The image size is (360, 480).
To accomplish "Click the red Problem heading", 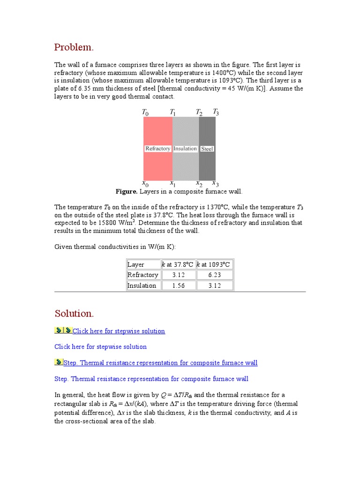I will (x=74, y=47).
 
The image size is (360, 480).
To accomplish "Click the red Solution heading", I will (x=74, y=313).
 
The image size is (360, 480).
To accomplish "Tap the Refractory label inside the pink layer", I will (x=157, y=149).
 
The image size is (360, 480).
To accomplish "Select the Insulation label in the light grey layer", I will (x=185, y=149).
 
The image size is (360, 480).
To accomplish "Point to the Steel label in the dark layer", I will (x=207, y=149).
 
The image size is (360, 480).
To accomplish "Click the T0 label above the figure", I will (x=145, y=112).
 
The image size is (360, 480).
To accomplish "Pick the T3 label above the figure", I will (x=216, y=112).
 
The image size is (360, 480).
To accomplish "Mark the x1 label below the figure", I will (x=172, y=183).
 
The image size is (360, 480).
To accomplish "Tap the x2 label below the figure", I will (x=199, y=183).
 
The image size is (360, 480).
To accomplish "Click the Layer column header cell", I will (x=136, y=264).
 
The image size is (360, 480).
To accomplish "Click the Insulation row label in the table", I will (x=142, y=285).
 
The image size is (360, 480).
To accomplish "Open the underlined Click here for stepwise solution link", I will (x=119, y=331).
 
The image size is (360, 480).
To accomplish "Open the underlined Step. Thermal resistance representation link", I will (x=160, y=363).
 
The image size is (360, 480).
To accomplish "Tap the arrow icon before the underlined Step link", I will (x=59, y=362).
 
